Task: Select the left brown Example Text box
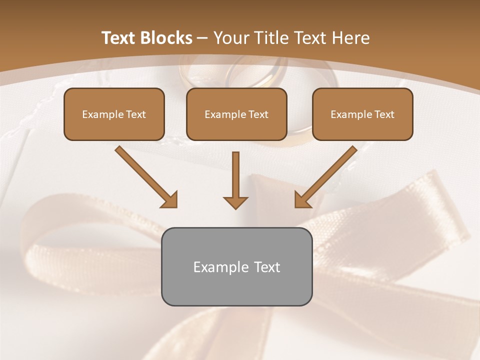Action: coord(114,114)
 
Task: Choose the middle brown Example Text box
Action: coord(236,114)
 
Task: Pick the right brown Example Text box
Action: coord(362,114)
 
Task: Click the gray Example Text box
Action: coord(236,266)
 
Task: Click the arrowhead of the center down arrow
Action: coord(235,202)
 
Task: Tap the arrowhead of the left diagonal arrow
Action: coord(170,200)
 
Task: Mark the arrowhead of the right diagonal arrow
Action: coord(302,200)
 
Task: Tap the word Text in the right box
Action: coord(384,114)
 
